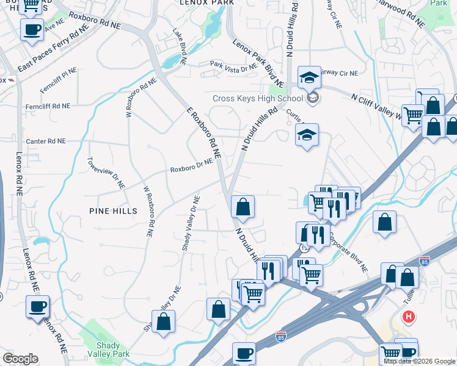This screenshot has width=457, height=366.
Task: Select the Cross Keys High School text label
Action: (257, 98)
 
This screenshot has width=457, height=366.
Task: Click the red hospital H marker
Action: (409, 317)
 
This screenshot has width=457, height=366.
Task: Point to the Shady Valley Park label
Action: (100, 350)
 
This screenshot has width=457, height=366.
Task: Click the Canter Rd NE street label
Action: (45, 141)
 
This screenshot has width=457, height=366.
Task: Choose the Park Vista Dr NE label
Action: (233, 66)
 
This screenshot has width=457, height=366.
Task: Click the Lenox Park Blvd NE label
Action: (258, 62)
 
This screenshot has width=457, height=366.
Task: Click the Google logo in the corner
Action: (20, 359)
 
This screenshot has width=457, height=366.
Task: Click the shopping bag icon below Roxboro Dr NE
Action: (243, 207)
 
